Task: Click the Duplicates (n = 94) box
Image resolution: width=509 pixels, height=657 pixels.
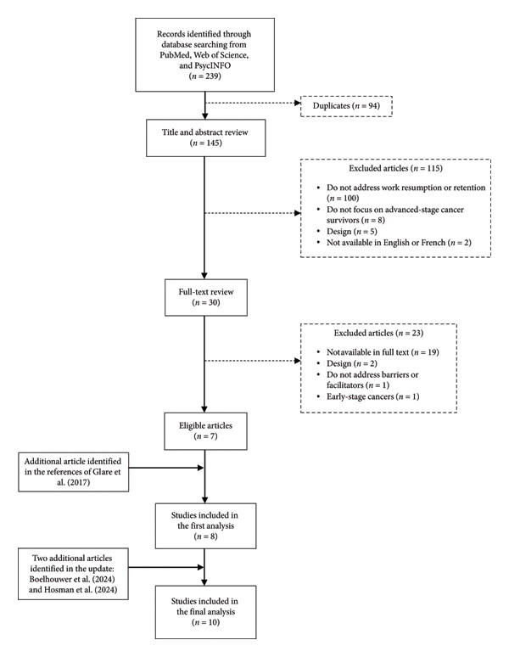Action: point(346,106)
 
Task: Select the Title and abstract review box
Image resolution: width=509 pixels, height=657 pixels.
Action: point(205,138)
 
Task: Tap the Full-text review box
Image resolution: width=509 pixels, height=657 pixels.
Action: point(206,297)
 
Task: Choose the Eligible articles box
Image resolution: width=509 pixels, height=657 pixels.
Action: point(205,431)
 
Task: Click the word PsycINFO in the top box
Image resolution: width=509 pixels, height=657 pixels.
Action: point(212,65)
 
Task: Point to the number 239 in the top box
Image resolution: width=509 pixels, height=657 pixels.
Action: point(211,76)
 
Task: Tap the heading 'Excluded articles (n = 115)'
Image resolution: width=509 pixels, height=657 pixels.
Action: point(395,168)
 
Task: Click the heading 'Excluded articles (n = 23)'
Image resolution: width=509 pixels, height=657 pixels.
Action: point(378,333)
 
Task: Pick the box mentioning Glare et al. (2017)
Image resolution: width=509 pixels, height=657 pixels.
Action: point(73,472)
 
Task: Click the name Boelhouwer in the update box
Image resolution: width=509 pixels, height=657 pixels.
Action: point(53,580)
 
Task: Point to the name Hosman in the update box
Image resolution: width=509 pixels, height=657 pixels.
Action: point(59,590)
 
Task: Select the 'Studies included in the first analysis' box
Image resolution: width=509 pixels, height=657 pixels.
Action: point(205,525)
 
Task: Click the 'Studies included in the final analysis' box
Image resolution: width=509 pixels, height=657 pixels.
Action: point(205,612)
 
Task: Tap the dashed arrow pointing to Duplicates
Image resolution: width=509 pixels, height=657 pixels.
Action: point(253,103)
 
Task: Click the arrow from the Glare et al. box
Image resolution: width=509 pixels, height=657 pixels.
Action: point(165,468)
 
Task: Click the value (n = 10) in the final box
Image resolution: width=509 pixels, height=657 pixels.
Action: point(205,623)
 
